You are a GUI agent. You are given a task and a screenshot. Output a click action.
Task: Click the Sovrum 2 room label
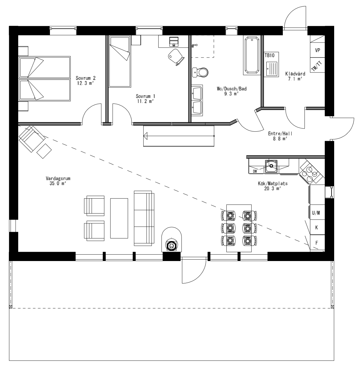click(x=85, y=81)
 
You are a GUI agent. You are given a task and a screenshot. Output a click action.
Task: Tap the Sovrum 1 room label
click(x=145, y=99)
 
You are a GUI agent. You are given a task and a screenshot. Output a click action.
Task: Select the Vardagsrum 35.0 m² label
click(x=58, y=181)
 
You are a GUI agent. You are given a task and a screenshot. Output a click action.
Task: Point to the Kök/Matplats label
click(x=272, y=186)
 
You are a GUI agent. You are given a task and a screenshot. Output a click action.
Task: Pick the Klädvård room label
click(x=295, y=76)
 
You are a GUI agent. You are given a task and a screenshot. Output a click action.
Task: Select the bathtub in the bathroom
click(x=252, y=55)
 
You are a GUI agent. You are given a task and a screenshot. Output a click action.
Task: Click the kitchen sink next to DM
click(x=271, y=166)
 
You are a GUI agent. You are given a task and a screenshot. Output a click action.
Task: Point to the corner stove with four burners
click(x=311, y=172)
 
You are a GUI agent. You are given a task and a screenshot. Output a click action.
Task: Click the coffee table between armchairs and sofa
click(x=119, y=218)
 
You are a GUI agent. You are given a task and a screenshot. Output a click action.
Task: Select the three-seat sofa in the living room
click(x=144, y=218)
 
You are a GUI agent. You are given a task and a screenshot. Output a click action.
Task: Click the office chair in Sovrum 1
click(x=176, y=55)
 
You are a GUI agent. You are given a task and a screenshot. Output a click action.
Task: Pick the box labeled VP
click(x=317, y=50)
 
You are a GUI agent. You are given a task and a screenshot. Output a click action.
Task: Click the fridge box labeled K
click(x=317, y=228)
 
